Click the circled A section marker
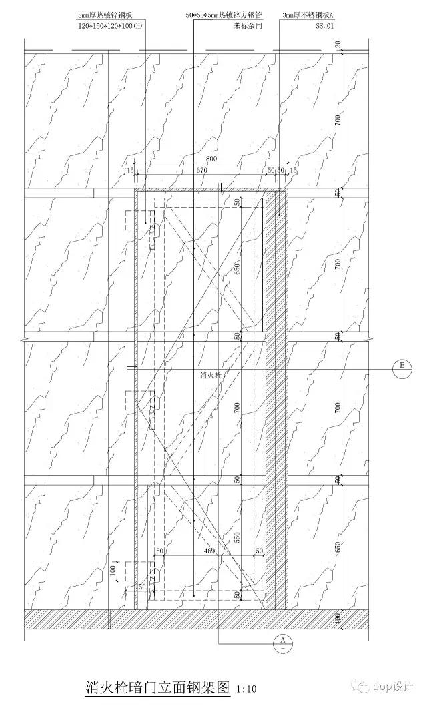tap(283, 642)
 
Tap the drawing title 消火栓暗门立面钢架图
tap(157, 687)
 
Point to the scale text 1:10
tap(246, 689)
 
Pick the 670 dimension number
tap(203, 171)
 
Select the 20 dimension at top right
tap(338, 44)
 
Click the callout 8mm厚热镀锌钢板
tap(110, 14)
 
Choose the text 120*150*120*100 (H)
tap(110, 25)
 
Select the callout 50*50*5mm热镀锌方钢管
tap(224, 14)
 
